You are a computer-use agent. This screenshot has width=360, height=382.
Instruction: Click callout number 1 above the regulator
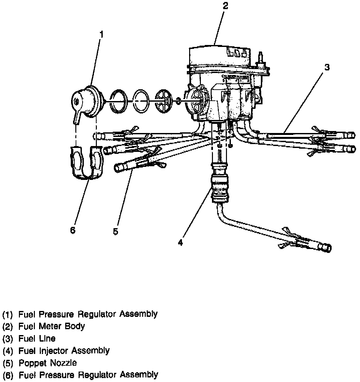[x=101, y=34]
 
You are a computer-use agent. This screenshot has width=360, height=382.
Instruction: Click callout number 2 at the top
[x=225, y=6]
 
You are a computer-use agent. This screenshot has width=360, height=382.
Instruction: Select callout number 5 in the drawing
[x=115, y=231]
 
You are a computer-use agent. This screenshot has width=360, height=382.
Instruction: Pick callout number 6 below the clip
[x=72, y=230]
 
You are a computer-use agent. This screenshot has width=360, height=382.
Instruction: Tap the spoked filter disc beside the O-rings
[x=163, y=101]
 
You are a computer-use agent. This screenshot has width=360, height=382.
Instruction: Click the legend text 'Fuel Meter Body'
[x=52, y=326]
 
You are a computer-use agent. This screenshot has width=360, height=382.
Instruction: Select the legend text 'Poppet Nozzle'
[x=48, y=363]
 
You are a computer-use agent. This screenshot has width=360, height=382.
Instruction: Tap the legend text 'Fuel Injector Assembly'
[x=64, y=351]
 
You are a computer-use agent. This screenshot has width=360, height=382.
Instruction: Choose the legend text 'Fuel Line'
[x=37, y=338]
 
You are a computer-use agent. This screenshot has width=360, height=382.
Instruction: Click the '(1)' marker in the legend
[x=7, y=315]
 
